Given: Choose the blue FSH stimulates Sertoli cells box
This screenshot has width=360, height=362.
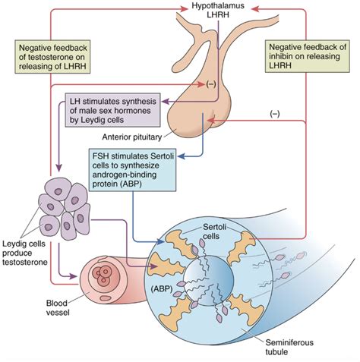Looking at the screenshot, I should (x=128, y=172).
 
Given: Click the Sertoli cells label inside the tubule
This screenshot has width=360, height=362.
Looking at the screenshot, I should (x=205, y=234).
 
